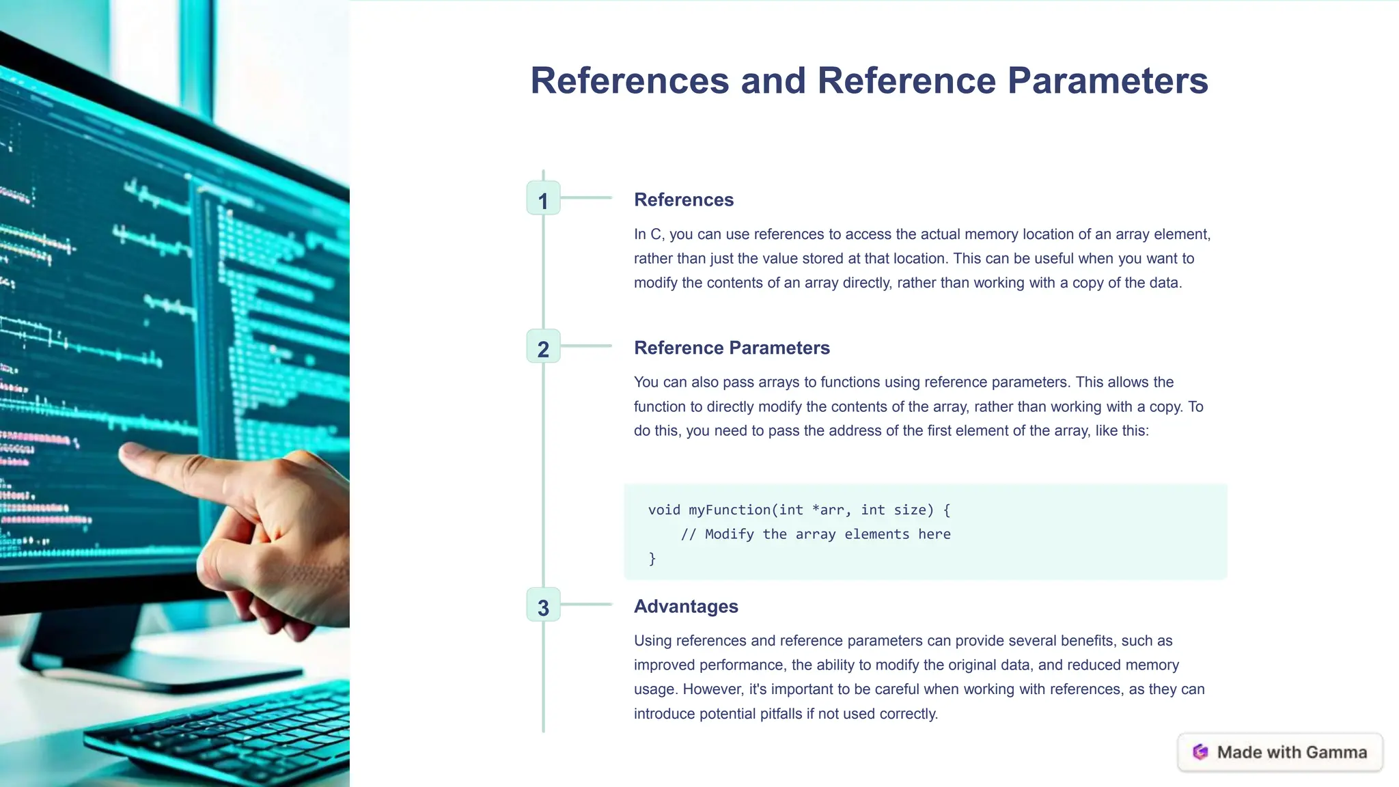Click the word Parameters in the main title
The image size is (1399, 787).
pyautogui.click(x=1107, y=81)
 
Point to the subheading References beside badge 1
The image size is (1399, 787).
pyautogui.click(x=684, y=199)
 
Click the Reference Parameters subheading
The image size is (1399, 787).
pyautogui.click(x=732, y=348)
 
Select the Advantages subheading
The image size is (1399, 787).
pyautogui.click(x=686, y=606)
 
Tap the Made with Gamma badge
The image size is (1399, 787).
pyautogui.click(x=1280, y=752)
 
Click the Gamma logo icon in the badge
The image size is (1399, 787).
pyautogui.click(x=1200, y=752)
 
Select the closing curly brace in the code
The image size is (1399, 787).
pyautogui.click(x=652, y=559)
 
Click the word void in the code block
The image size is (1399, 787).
pyautogui.click(x=664, y=510)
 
